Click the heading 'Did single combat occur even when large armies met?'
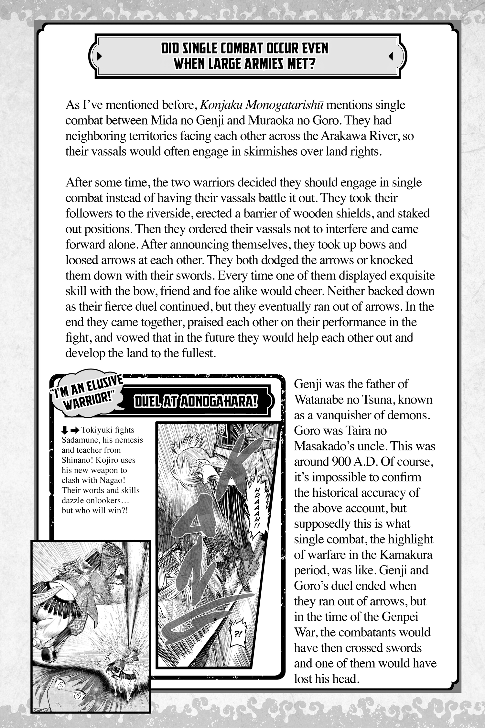(245, 56)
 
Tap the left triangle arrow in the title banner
(99, 56)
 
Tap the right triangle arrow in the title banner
(391, 56)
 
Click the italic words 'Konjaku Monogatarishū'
(262, 105)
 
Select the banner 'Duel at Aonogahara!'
(196, 402)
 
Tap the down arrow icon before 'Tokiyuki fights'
(65, 430)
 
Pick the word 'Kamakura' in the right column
(406, 555)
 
